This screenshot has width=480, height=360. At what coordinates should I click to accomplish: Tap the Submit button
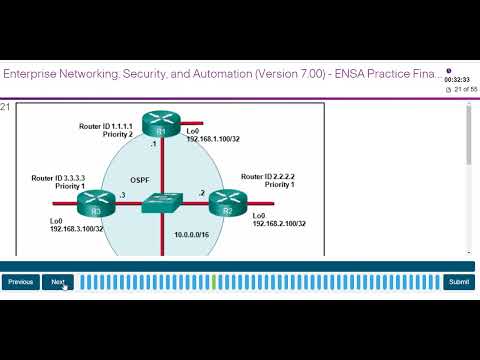(459, 282)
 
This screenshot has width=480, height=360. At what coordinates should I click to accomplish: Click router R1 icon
(158, 125)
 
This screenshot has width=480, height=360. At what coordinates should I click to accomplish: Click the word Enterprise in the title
(36, 74)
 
